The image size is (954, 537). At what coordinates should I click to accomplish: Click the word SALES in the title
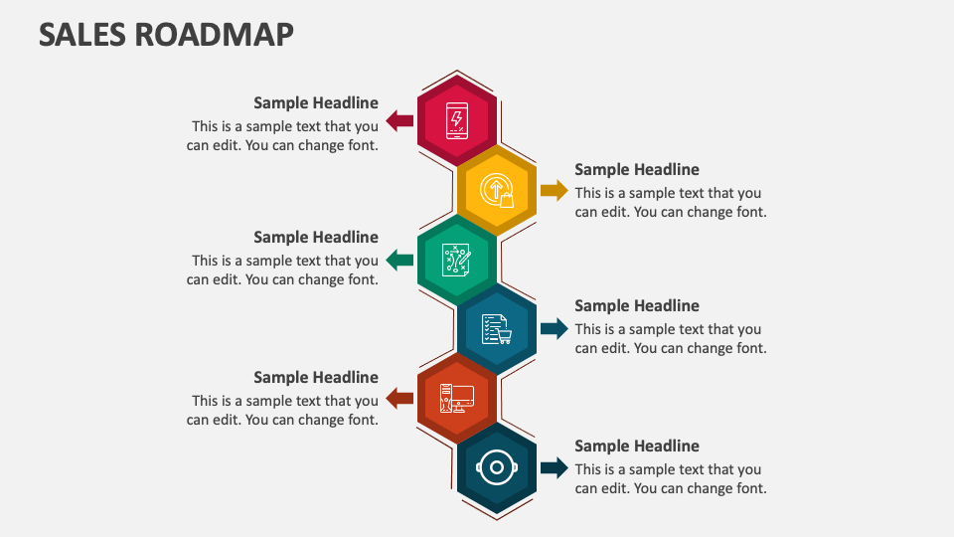click(x=82, y=35)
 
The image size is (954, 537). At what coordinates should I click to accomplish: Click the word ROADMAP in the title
click(x=215, y=35)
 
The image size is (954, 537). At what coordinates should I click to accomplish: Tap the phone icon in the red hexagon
click(x=457, y=120)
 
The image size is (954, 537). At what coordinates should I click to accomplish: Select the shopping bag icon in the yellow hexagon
click(x=497, y=190)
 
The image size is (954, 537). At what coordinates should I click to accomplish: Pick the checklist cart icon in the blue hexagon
click(x=497, y=328)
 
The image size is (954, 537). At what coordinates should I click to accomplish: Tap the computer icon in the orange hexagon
click(x=457, y=399)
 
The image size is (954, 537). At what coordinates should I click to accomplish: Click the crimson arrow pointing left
click(x=399, y=121)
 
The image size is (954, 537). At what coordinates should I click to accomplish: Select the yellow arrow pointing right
click(x=554, y=190)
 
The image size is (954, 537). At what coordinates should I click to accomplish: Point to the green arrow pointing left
click(x=399, y=261)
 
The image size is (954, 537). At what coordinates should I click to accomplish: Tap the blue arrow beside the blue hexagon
click(x=554, y=328)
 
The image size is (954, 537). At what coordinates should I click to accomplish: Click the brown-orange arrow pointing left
click(x=399, y=399)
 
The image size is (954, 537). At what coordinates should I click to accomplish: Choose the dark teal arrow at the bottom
click(x=554, y=467)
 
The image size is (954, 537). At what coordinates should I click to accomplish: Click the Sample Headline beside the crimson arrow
click(x=316, y=102)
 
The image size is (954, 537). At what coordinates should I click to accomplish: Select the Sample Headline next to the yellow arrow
click(x=637, y=170)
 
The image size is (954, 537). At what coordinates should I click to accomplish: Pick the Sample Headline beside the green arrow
click(x=316, y=237)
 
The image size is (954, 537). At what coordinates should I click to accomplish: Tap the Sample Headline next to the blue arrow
click(x=637, y=305)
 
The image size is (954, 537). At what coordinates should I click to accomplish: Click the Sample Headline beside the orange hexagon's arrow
click(x=316, y=377)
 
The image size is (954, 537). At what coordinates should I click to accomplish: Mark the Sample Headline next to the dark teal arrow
click(x=637, y=446)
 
